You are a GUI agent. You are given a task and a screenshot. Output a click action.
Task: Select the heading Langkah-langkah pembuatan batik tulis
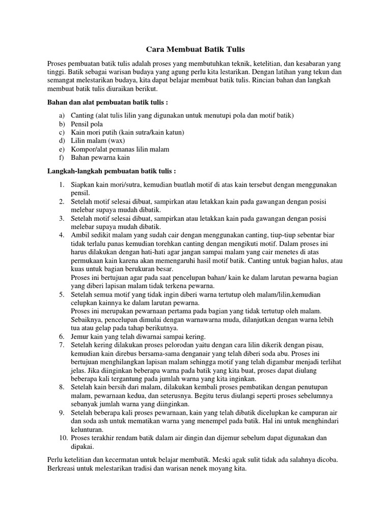coord(111,171)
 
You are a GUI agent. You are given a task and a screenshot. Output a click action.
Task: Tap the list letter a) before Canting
coord(62,115)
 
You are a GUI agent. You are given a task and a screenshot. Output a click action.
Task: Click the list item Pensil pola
coord(87,124)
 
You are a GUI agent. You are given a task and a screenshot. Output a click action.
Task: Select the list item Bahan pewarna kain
coord(97,158)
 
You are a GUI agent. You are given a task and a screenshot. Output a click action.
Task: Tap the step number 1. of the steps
coord(61,184)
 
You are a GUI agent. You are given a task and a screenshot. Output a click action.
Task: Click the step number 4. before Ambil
coord(61,235)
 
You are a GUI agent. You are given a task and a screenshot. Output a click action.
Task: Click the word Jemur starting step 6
coord(79,336)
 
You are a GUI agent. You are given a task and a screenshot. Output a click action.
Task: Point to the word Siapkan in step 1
coord(83,184)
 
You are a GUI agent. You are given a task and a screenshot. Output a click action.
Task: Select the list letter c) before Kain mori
coord(62,132)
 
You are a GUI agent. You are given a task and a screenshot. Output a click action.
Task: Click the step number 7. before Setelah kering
coord(61,345)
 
